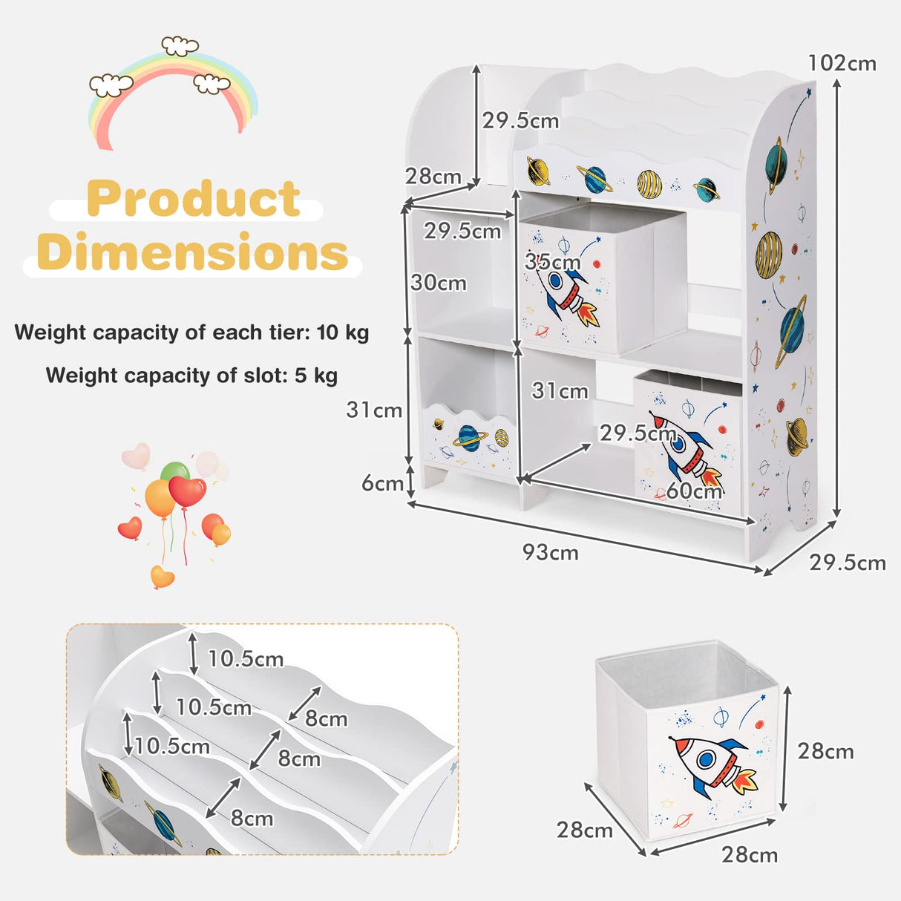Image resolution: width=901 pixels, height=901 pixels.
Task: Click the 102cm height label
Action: tap(842, 64)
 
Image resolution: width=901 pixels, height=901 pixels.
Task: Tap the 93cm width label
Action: tap(550, 553)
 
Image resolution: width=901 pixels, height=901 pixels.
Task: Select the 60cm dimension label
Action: tap(693, 491)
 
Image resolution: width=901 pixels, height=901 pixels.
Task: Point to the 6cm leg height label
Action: tap(382, 483)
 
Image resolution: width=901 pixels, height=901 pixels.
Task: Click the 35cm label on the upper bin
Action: tap(552, 262)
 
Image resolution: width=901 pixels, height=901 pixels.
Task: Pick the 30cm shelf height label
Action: tap(439, 283)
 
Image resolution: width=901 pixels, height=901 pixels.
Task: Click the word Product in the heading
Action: tap(194, 199)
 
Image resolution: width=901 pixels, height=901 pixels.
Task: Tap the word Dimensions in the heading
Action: tap(193, 252)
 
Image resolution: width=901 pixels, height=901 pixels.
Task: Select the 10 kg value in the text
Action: tap(343, 332)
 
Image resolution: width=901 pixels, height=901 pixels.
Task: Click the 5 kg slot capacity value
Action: tap(316, 375)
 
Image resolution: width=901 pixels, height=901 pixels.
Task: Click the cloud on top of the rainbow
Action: tap(180, 46)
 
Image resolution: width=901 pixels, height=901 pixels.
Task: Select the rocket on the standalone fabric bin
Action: tap(712, 764)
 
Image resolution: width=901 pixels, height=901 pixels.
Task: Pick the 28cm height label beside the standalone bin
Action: tap(825, 751)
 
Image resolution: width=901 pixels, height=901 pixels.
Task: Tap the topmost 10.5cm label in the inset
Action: tap(246, 658)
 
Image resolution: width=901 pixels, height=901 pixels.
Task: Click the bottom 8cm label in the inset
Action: tap(252, 818)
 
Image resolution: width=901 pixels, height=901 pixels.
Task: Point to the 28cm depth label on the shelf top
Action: tap(433, 177)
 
